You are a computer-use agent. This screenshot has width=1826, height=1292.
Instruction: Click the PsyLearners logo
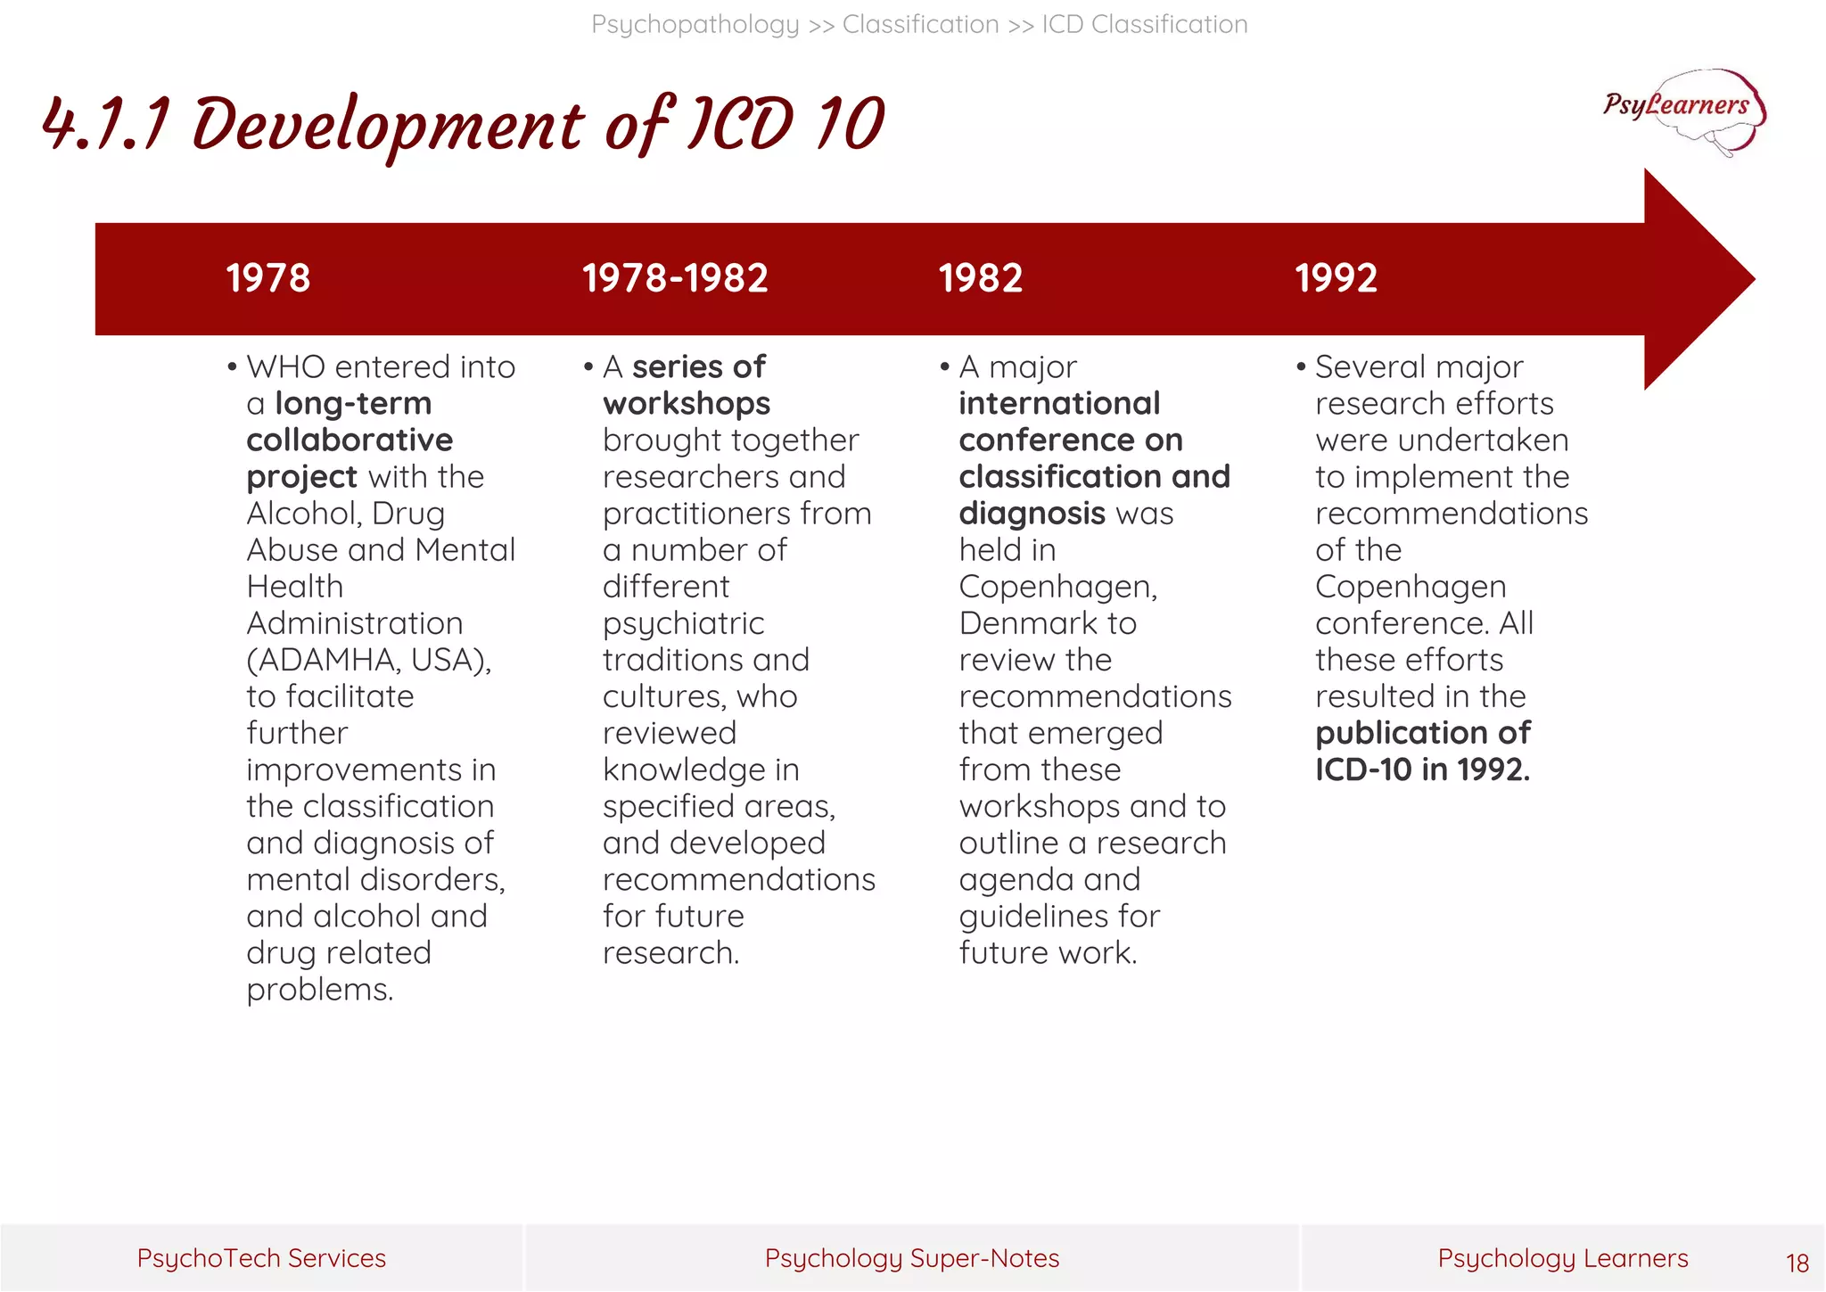coord(1682,110)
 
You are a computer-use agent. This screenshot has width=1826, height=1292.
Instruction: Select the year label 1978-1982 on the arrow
coord(675,278)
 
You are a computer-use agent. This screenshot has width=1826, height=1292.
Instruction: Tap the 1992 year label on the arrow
coord(1336,278)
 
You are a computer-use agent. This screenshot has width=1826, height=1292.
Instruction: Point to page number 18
coord(1797,1263)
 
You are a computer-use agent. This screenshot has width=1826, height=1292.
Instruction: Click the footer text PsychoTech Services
coord(261,1258)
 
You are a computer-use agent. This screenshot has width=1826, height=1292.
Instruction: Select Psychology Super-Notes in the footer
coord(911,1258)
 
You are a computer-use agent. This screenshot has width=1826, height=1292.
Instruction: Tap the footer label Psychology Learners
coord(1562,1258)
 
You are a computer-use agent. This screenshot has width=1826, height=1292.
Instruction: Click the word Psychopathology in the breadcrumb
coord(695,25)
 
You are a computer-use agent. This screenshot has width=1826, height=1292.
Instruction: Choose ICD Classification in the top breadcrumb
coord(1145,25)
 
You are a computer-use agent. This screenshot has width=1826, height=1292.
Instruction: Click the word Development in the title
coord(388,125)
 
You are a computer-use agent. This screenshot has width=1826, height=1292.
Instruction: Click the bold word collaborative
coord(350,440)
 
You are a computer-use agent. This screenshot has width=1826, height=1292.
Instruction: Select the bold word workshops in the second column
coord(686,404)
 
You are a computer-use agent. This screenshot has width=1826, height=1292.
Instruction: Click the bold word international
coord(1059,404)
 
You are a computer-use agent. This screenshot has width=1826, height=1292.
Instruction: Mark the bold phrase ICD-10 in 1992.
coord(1422,769)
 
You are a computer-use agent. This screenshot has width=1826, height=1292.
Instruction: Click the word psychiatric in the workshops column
coord(683,623)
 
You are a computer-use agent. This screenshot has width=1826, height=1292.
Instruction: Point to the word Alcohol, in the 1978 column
coord(303,514)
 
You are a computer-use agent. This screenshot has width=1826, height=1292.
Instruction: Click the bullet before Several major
coord(1301,367)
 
